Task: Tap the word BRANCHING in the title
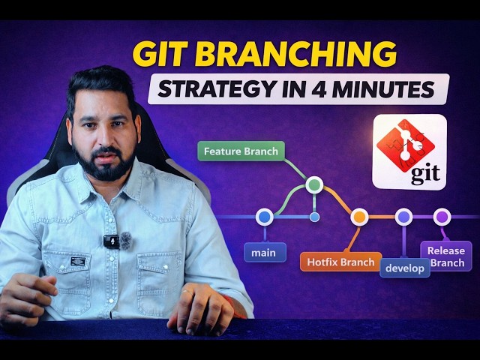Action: pyautogui.click(x=295, y=55)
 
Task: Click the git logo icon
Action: pyautogui.click(x=409, y=151)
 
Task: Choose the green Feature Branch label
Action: pyautogui.click(x=241, y=151)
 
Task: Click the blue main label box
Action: pyautogui.click(x=264, y=253)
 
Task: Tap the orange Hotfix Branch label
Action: pyautogui.click(x=339, y=262)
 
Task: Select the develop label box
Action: pyautogui.click(x=405, y=268)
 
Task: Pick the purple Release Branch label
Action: pyautogui.click(x=445, y=256)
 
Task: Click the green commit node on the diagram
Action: pyautogui.click(x=314, y=184)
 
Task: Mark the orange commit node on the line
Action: pyautogui.click(x=359, y=217)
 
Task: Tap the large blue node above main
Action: pyautogui.click(x=263, y=217)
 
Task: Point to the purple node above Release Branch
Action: pyautogui.click(x=442, y=217)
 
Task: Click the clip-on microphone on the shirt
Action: pyautogui.click(x=111, y=241)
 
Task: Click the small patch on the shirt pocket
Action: pyautogui.click(x=76, y=262)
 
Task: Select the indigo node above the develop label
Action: pyautogui.click(x=403, y=217)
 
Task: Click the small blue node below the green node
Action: pyautogui.click(x=314, y=217)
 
